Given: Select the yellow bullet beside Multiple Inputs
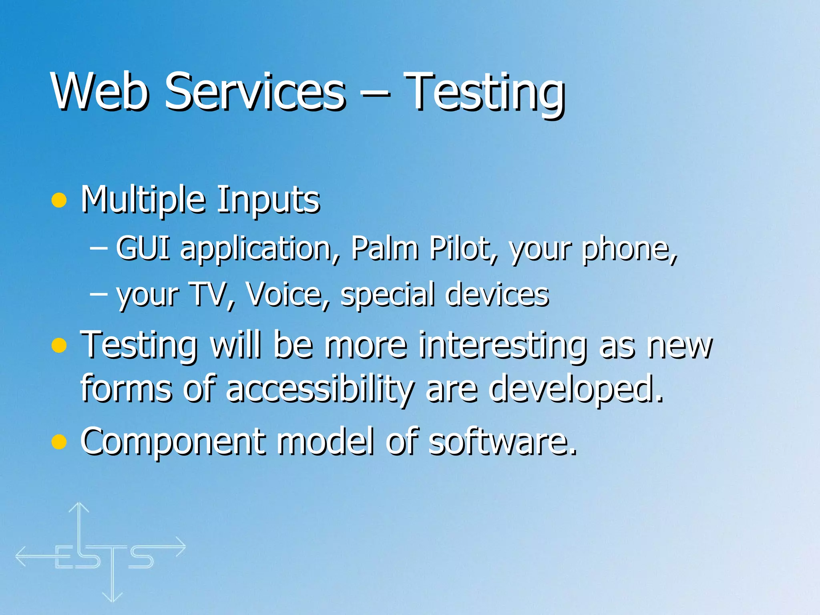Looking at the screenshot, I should point(59,200).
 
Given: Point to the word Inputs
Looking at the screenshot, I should point(268,200).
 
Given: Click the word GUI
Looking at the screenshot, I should point(143,248).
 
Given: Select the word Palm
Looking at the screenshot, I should point(385,248).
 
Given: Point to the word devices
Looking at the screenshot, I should point(497,295).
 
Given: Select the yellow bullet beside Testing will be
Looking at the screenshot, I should point(59,346).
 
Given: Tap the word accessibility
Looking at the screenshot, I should point(320,390).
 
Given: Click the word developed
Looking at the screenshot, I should point(575,390).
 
